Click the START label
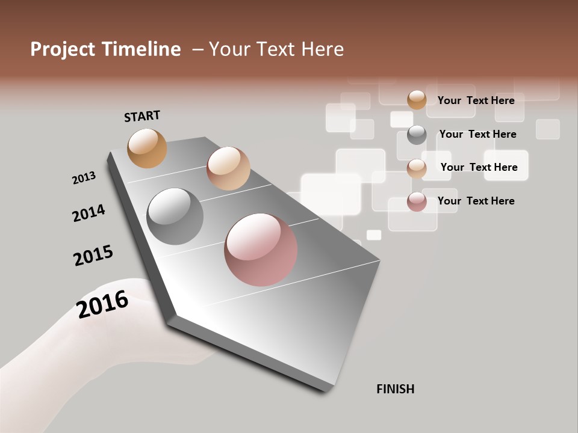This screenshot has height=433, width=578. [142, 116]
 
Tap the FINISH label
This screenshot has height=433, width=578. [396, 389]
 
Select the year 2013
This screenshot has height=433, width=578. [84, 178]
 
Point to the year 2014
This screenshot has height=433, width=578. [89, 213]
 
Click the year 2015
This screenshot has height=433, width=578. [93, 255]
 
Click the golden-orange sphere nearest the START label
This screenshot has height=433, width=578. [147, 148]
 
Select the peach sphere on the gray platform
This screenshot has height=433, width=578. [228, 168]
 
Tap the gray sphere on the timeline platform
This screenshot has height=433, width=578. [175, 216]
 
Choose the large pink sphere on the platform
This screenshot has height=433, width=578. [261, 250]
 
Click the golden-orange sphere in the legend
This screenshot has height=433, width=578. [417, 100]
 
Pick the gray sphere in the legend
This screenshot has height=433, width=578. [417, 135]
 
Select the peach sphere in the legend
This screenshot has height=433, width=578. [417, 168]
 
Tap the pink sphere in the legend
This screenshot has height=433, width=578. [417, 201]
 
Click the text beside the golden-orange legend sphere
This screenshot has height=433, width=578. [476, 100]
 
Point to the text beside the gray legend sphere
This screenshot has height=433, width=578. [477, 134]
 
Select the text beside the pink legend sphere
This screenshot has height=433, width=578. [476, 201]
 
